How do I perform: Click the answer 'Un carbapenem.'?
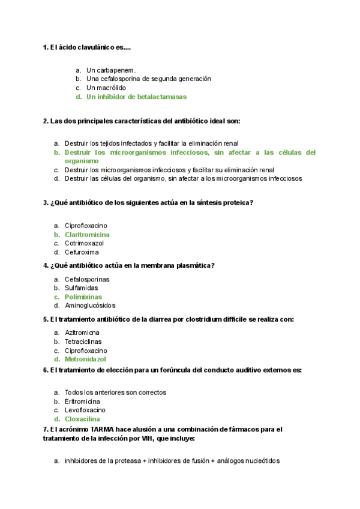pos(111,70)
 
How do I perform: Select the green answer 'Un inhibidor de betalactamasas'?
pos(136,97)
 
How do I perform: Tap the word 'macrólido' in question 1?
pos(112,88)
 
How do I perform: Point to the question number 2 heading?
pos(142,121)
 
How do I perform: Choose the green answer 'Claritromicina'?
pos(87,235)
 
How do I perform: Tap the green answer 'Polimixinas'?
pos(83,297)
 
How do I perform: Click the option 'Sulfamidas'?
pos(82,288)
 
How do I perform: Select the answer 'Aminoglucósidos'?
pos(90,306)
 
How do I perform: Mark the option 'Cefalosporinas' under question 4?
pos(87,279)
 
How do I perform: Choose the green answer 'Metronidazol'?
pos(85,360)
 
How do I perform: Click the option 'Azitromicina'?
pos(82,333)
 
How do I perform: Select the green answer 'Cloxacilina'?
pos(82,420)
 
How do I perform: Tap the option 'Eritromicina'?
pos(82,402)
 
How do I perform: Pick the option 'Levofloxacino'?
pos(85,411)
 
